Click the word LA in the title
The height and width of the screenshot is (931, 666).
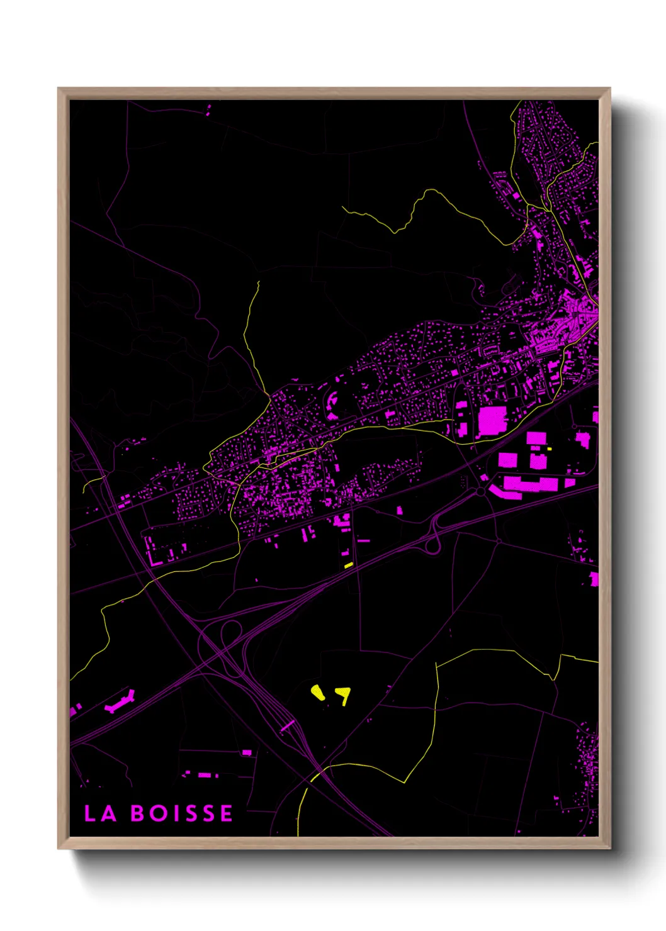point(101,813)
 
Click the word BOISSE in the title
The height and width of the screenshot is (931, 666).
point(182,813)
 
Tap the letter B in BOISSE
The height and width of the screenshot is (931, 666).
point(138,813)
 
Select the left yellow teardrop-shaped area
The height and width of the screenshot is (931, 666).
point(318,693)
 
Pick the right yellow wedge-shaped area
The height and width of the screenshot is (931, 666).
point(343,694)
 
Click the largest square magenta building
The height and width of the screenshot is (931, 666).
point(493,421)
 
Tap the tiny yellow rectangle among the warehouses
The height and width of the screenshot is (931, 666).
point(550,449)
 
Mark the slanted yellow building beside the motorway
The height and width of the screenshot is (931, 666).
point(349,565)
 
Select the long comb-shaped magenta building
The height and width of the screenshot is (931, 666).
point(120,702)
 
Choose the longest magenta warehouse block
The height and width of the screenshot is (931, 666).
point(532,484)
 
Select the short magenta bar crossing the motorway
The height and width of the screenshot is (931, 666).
point(287,726)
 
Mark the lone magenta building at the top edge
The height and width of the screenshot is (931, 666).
point(209,111)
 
